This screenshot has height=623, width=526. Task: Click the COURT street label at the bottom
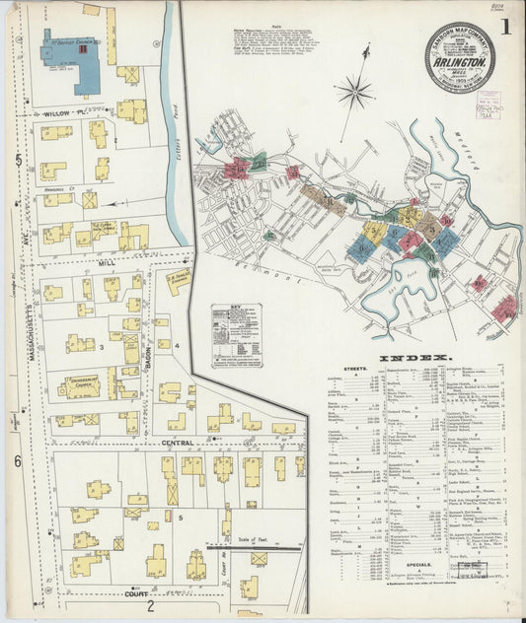click(x=136, y=593)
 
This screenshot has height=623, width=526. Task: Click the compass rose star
click(x=353, y=93)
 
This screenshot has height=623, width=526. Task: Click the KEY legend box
click(x=236, y=334)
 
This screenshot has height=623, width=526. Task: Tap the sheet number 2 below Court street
click(x=150, y=606)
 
